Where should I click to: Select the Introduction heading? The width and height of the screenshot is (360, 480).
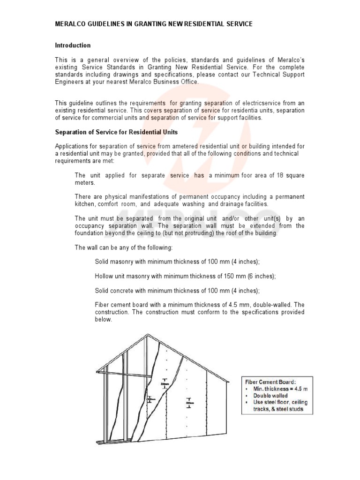tap(73, 45)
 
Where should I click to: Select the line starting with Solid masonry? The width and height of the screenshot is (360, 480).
tap(177, 262)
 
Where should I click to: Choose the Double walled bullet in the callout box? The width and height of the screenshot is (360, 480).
tap(270, 396)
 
